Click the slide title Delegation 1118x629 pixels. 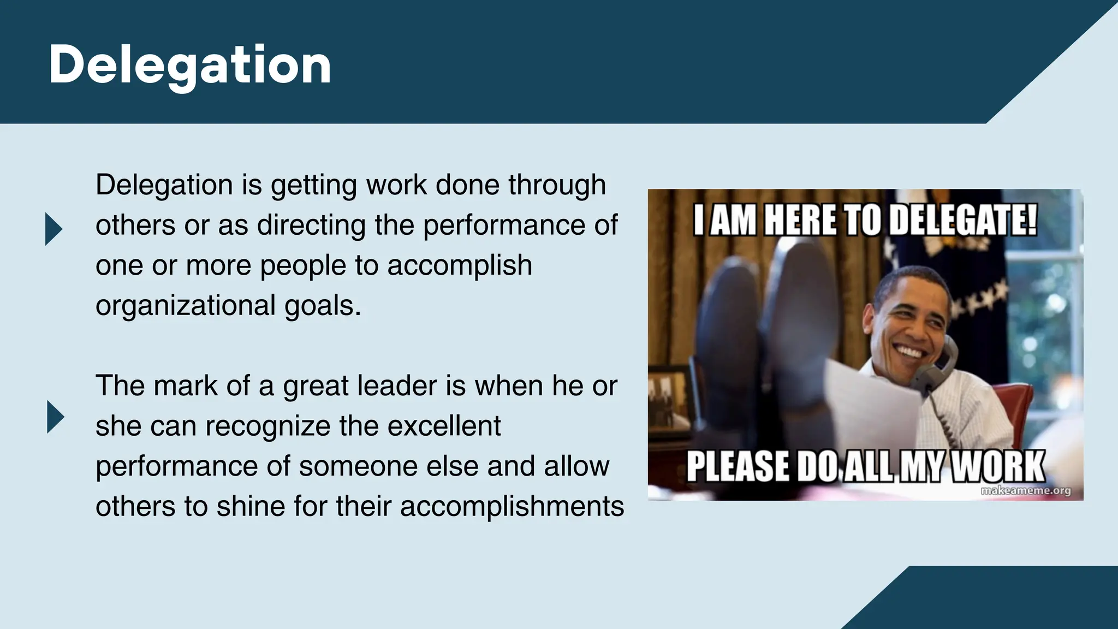189,66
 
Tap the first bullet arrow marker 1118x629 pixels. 53,229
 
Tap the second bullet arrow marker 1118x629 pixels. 55,417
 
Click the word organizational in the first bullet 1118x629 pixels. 186,306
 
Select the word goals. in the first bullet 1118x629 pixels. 323,306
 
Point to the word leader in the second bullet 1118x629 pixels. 397,386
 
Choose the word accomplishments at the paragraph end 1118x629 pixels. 512,506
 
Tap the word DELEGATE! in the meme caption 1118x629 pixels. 962,221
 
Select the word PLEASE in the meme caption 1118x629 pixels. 736,467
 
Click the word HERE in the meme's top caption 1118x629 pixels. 799,221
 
